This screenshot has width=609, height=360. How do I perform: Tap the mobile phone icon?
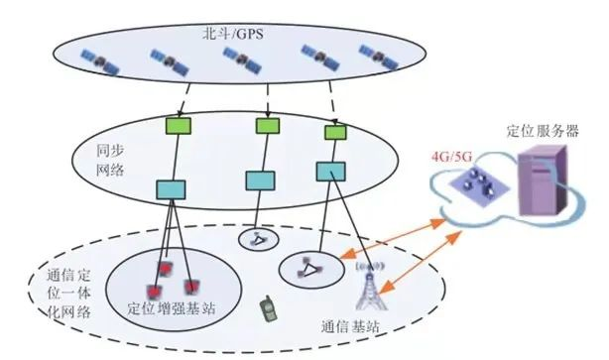(x=266, y=308)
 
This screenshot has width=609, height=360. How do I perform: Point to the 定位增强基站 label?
(x=173, y=309)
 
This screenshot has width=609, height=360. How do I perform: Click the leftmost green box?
(x=177, y=127)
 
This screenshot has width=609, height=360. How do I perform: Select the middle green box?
(x=266, y=126)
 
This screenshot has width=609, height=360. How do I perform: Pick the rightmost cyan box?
(x=330, y=171)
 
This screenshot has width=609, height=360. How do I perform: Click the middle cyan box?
(x=261, y=180)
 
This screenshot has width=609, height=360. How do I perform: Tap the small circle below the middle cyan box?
(x=255, y=238)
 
